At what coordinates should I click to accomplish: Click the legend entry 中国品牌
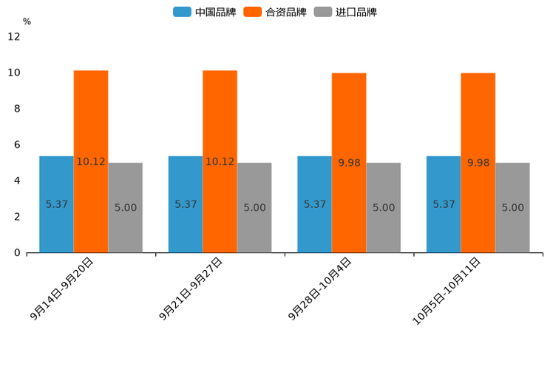tap(205, 12)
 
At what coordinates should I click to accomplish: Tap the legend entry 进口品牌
tap(345, 12)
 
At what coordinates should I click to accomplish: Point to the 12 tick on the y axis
tap(14, 36)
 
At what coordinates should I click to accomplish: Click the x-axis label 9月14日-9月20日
tap(63, 288)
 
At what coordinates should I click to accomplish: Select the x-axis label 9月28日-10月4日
tap(321, 288)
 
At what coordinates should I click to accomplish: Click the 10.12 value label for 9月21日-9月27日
tap(220, 161)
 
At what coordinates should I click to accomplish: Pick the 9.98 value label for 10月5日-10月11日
tap(478, 163)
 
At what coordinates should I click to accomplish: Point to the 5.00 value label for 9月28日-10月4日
tap(384, 208)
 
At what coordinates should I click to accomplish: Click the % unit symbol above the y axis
tap(27, 21)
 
